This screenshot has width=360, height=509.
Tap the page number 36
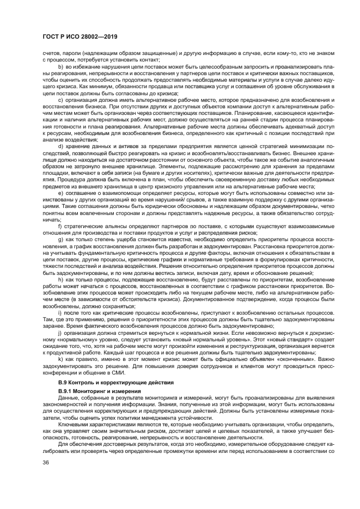[x=45, y=463]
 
